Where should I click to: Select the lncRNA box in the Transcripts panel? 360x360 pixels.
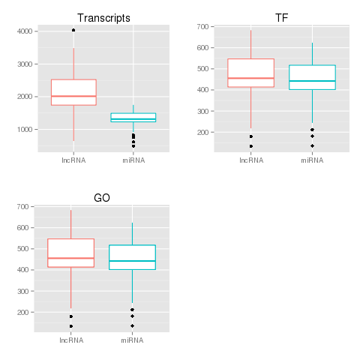point(73,91)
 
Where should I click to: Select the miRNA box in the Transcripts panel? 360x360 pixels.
point(133,117)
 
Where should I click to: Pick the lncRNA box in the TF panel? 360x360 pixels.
point(251,73)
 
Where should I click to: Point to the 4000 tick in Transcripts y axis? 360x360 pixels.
point(24,31)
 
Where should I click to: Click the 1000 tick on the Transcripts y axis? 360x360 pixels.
point(24,130)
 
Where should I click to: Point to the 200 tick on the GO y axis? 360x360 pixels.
point(24,312)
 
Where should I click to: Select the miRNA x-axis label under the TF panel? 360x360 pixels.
point(312,160)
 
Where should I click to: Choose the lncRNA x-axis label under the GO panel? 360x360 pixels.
point(71,340)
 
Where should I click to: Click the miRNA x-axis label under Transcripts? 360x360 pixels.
point(133,160)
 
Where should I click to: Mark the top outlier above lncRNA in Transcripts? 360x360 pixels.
point(73,30)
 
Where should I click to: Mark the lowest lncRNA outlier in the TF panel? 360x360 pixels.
point(251,146)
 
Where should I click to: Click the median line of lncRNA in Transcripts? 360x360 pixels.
point(73,96)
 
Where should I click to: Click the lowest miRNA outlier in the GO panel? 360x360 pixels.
point(132,325)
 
